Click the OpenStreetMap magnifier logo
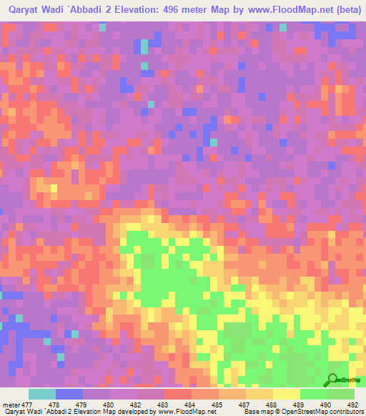point(334,380)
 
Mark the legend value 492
point(352,404)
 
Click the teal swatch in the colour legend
point(42,394)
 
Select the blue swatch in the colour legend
point(69,394)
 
